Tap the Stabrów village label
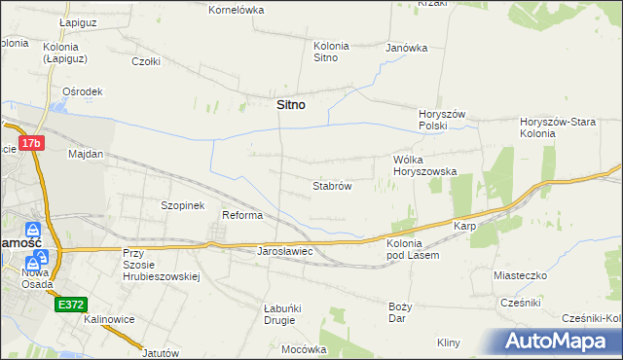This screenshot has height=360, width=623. pyautogui.click(x=331, y=185)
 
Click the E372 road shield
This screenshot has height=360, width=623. pyautogui.click(x=70, y=304)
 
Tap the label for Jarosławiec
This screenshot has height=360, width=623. pyautogui.click(x=283, y=251)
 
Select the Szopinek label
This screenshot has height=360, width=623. pyautogui.click(x=182, y=205)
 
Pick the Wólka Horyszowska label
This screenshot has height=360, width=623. pyautogui.click(x=424, y=164)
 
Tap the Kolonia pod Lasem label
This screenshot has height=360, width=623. pyautogui.click(x=414, y=248)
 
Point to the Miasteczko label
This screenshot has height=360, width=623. pyautogui.click(x=521, y=275)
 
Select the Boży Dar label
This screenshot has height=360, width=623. pyautogui.click(x=402, y=311)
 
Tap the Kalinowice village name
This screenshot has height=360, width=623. pyautogui.click(x=108, y=319)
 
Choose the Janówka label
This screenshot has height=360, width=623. pyautogui.click(x=407, y=47)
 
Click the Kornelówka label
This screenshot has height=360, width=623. pyautogui.click(x=238, y=10)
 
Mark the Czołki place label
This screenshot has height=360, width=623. pyautogui.click(x=146, y=60)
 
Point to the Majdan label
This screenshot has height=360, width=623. pyautogui.click(x=86, y=154)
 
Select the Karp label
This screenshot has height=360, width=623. pyautogui.click(x=463, y=226)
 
